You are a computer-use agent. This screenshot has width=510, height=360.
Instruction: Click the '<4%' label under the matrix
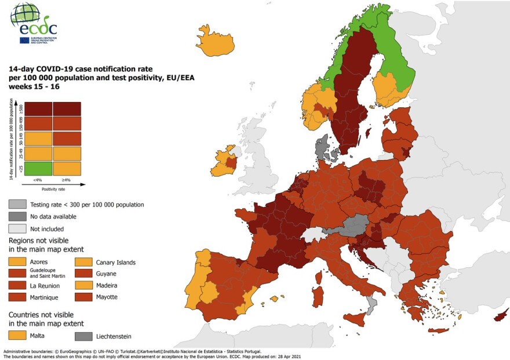(x=37, y=180)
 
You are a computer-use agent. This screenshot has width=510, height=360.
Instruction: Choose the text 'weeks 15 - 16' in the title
(x=34, y=86)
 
